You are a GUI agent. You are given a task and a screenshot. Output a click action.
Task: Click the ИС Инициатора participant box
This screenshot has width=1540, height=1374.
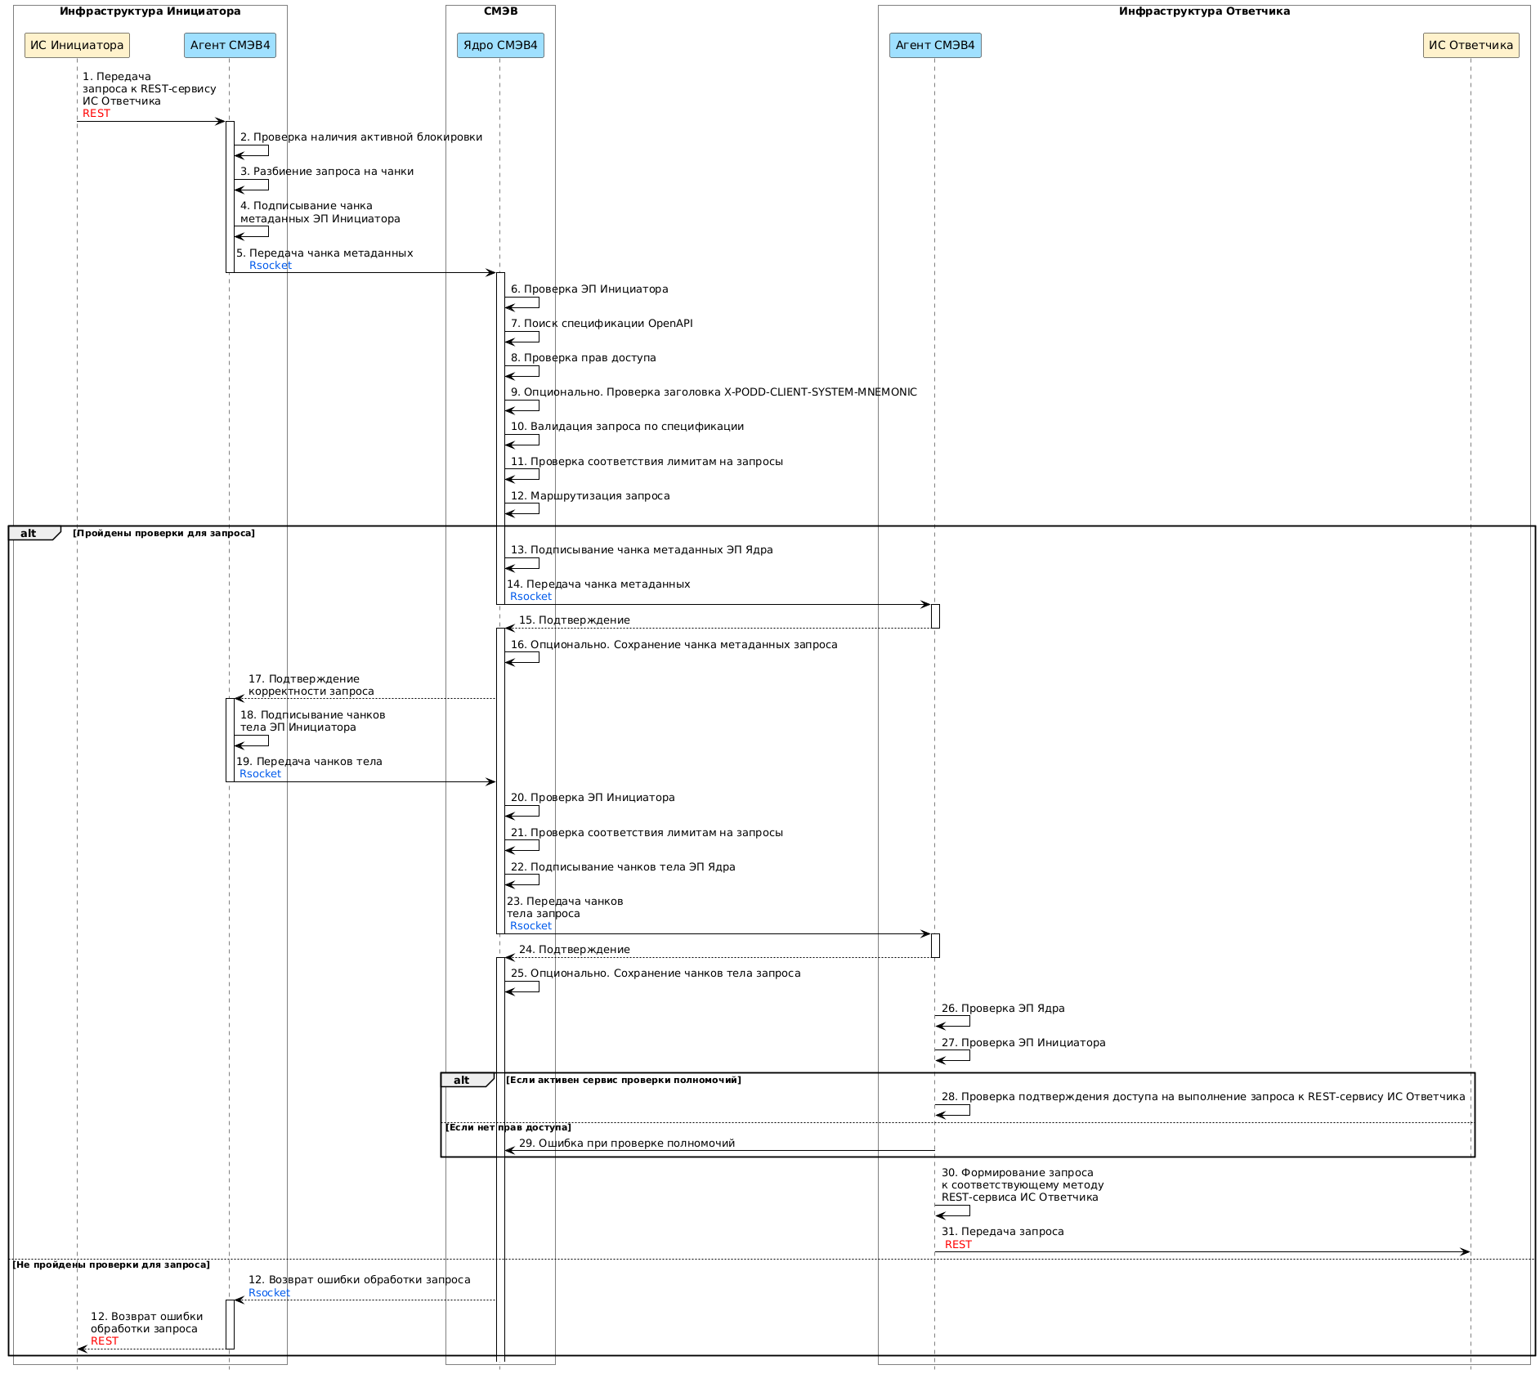pos(77,45)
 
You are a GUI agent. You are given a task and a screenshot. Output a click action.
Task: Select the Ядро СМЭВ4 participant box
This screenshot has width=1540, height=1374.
pos(500,45)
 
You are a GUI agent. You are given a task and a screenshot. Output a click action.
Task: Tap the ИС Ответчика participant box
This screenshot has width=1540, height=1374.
pos(1471,45)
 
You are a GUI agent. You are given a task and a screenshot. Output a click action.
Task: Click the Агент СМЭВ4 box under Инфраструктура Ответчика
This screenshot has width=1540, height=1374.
pos(935,45)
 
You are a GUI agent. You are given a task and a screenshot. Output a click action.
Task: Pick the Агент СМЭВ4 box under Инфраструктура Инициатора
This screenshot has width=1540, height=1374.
pos(230,45)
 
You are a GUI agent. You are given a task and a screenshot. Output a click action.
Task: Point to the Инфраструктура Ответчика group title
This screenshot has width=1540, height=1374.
pos(1204,11)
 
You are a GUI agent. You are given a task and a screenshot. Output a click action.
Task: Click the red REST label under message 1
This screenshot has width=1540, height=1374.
pos(96,114)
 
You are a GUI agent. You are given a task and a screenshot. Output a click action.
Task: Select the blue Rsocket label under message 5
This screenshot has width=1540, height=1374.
pos(271,266)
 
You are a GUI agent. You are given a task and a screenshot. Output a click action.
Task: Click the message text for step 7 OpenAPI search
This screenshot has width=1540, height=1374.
pos(602,324)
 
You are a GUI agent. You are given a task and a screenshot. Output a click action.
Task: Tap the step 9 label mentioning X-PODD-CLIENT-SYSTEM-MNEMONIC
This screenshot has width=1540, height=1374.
pos(714,392)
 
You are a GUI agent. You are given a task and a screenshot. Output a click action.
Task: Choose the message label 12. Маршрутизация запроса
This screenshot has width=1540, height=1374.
pos(590,496)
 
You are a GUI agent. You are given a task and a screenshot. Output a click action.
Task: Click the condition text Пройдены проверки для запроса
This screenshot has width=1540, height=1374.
pos(163,534)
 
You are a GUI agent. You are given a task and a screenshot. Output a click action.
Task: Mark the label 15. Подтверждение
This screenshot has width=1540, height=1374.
pos(575,620)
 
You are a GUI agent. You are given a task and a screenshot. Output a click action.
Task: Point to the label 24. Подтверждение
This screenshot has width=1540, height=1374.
pos(575,950)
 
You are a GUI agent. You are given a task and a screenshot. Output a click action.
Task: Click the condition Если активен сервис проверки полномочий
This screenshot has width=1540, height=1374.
pos(624,1081)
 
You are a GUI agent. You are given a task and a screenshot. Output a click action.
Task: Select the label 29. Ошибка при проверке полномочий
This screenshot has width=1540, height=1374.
pos(627,1144)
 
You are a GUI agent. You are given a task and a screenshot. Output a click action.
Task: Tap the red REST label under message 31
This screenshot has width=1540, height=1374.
pos(958,1245)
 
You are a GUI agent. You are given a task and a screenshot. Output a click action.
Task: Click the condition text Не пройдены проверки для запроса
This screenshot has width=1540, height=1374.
pos(111,1265)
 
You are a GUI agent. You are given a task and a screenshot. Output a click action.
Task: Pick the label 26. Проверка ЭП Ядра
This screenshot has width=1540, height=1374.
pos(1003,1009)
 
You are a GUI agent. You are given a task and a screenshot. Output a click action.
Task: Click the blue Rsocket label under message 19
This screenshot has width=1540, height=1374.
pos(260,774)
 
